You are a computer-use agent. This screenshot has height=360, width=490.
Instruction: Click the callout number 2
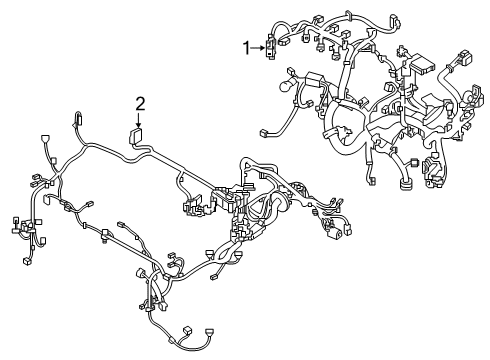coord(141,102)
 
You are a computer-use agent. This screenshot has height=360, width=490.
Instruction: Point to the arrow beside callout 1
coord(257,46)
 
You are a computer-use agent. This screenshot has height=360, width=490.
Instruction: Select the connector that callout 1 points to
coord(270,46)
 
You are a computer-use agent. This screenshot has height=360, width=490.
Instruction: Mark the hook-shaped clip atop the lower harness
coord(78,121)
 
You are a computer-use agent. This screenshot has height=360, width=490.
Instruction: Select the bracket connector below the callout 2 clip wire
coord(190,207)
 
